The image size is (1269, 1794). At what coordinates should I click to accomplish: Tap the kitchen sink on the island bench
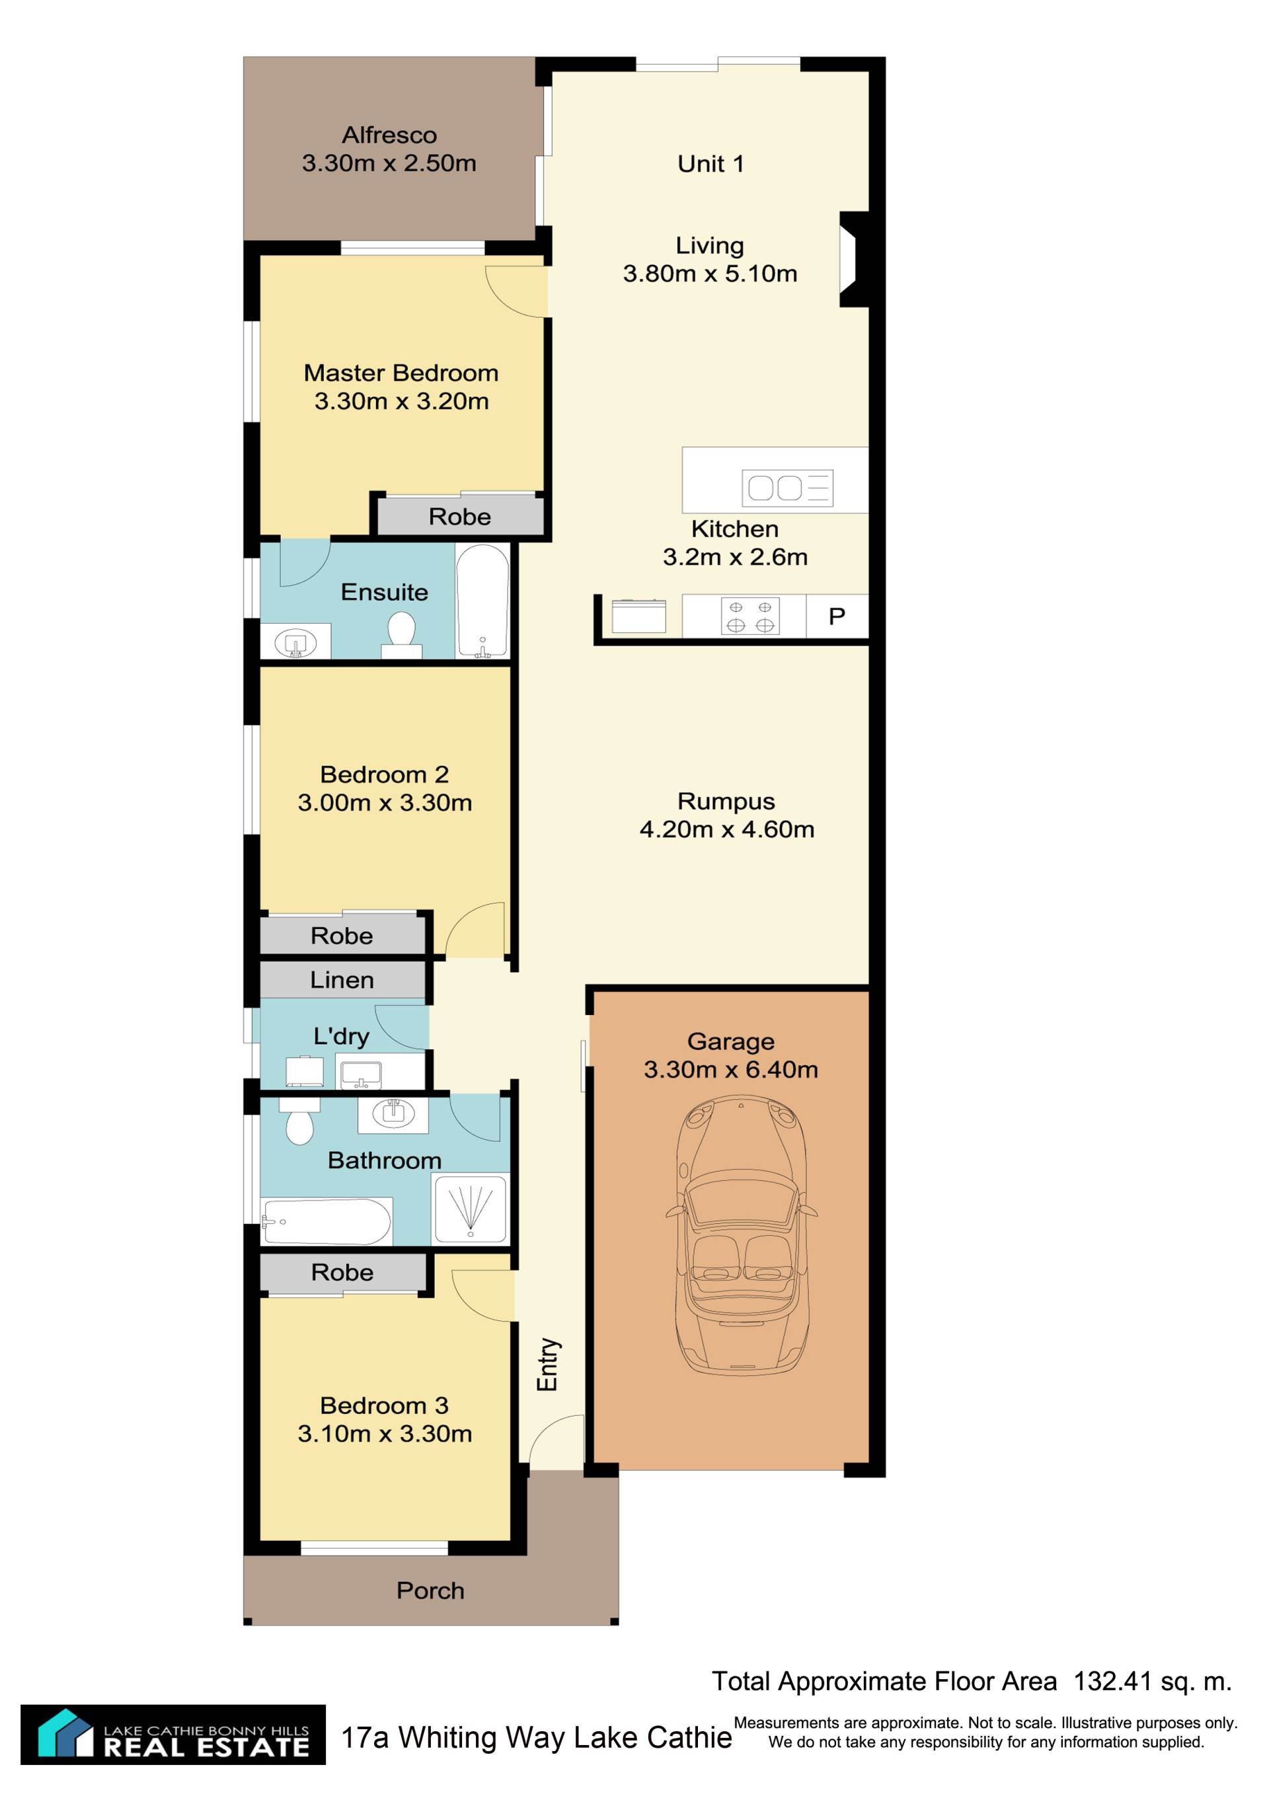point(787,488)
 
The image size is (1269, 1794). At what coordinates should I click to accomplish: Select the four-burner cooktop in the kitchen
point(750,617)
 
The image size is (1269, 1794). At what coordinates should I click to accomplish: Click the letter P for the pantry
point(837,617)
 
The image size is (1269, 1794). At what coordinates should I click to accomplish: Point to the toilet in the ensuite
point(401,635)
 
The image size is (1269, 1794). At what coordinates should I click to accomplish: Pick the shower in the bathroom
point(471,1209)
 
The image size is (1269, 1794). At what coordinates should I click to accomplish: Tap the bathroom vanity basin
point(393,1115)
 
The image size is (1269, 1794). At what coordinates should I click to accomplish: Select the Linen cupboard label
point(342,980)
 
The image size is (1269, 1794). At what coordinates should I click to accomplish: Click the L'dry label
point(342,1036)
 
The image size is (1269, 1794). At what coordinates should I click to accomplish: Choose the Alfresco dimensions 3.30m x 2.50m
point(389,163)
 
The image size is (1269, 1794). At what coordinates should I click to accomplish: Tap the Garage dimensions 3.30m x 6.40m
point(730,1069)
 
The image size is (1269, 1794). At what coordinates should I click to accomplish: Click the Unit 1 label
point(711,163)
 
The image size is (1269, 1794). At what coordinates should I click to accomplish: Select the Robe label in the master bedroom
point(459,517)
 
